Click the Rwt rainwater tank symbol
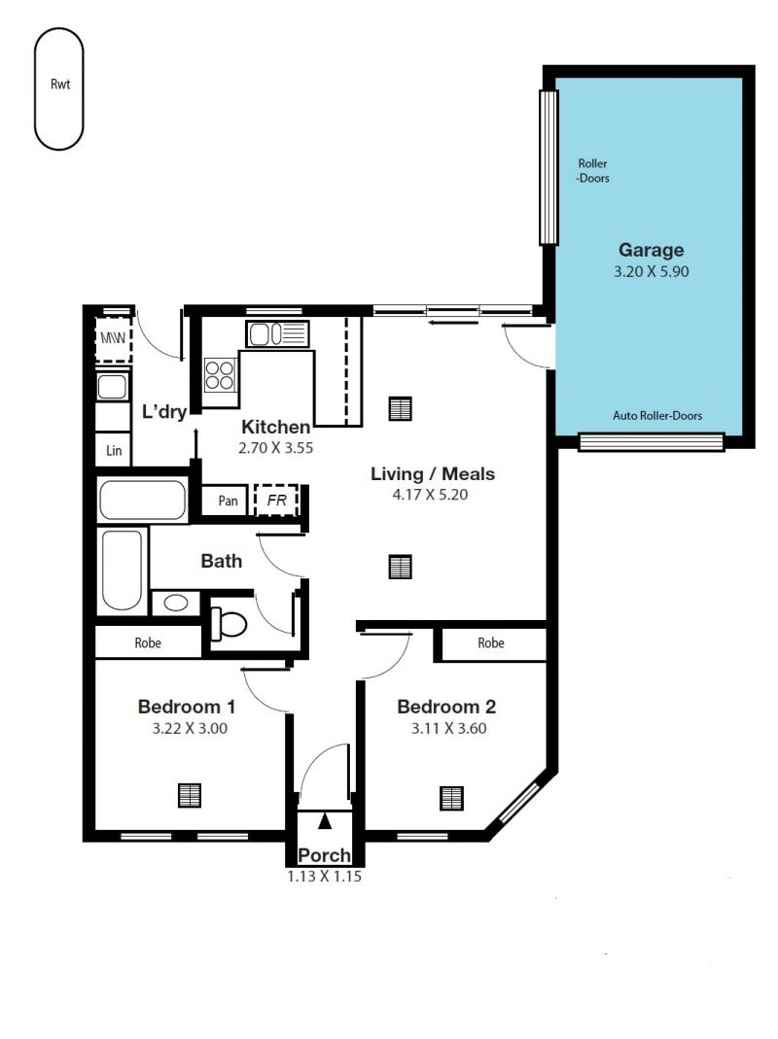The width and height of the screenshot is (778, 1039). [59, 88]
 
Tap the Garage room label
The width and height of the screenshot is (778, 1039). [651, 250]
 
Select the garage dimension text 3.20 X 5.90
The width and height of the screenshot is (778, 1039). [651, 271]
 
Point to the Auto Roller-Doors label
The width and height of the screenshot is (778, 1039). [656, 415]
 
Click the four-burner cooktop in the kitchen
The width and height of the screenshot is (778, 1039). [220, 374]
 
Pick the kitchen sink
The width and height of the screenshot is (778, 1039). [277, 333]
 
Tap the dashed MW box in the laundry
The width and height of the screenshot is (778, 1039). [113, 338]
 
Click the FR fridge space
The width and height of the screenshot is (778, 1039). [276, 501]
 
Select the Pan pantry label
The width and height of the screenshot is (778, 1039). [228, 501]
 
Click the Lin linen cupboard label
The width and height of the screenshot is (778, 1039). [114, 451]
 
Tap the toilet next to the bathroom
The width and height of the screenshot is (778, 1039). [228, 624]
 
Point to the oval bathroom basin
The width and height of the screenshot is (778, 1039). [176, 603]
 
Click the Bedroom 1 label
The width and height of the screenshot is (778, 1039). [187, 707]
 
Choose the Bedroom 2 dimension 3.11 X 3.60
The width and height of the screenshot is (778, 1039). [449, 728]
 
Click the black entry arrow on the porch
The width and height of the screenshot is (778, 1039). [325, 821]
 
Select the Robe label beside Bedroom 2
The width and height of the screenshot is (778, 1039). [491, 642]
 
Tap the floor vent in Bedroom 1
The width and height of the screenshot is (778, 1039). [190, 796]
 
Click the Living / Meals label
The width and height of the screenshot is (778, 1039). [433, 473]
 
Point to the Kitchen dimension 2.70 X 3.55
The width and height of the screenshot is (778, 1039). [276, 448]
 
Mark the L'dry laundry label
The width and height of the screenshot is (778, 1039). [164, 412]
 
